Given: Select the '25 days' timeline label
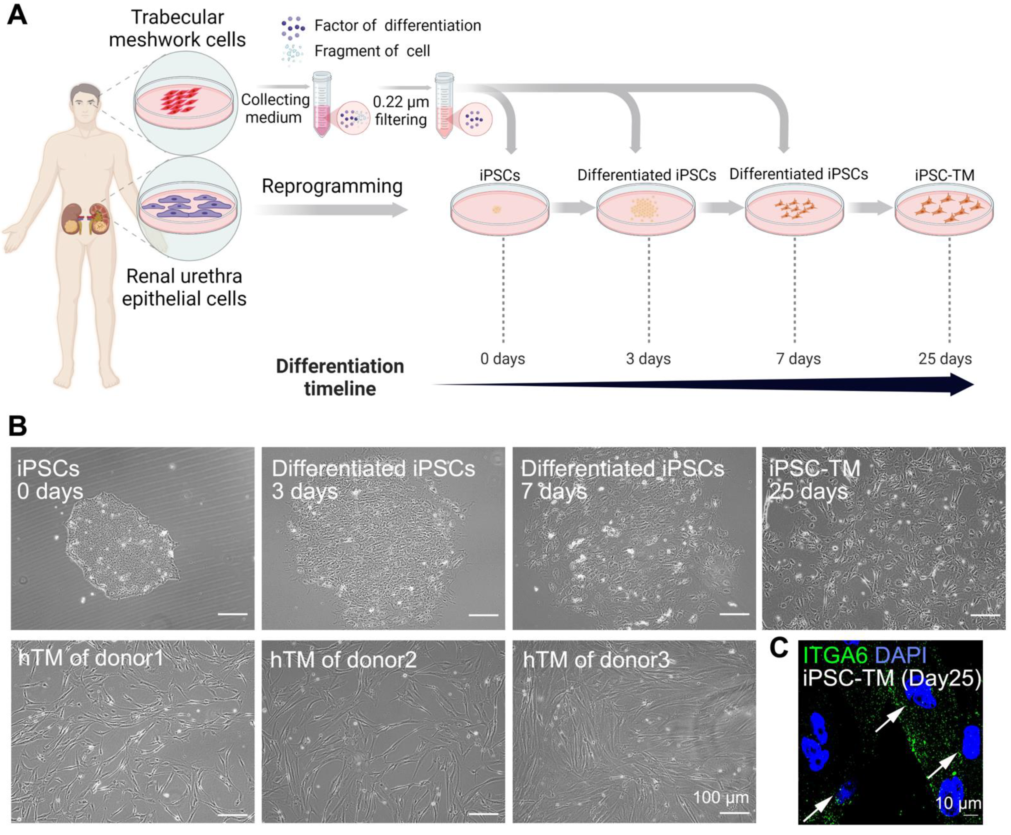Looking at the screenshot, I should point(945,359).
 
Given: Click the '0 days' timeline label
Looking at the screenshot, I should point(502,359).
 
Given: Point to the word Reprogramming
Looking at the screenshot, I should point(332,186).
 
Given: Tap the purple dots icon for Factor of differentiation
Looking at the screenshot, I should point(293,28).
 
